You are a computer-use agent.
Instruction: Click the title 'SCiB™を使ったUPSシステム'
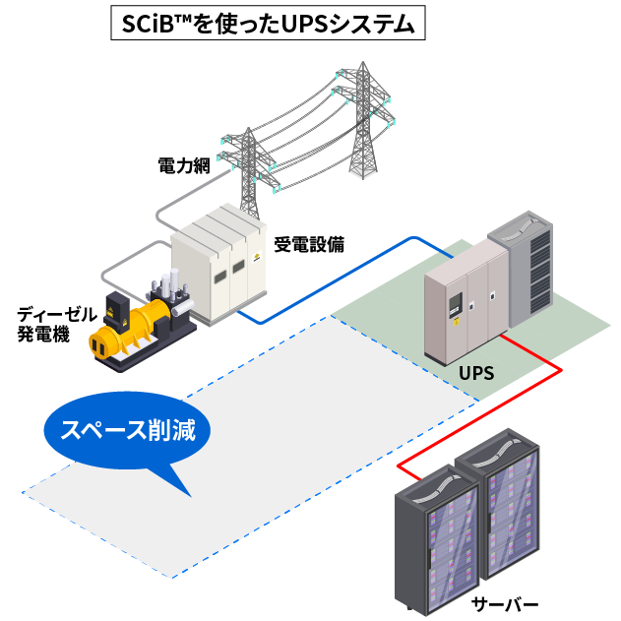pyautogui.click(x=268, y=25)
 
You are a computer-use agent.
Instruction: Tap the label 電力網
pyautogui.click(x=184, y=165)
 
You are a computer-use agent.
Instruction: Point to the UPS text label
pyautogui.click(x=476, y=375)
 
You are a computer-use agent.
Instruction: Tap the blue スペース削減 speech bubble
pyautogui.click(x=128, y=433)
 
